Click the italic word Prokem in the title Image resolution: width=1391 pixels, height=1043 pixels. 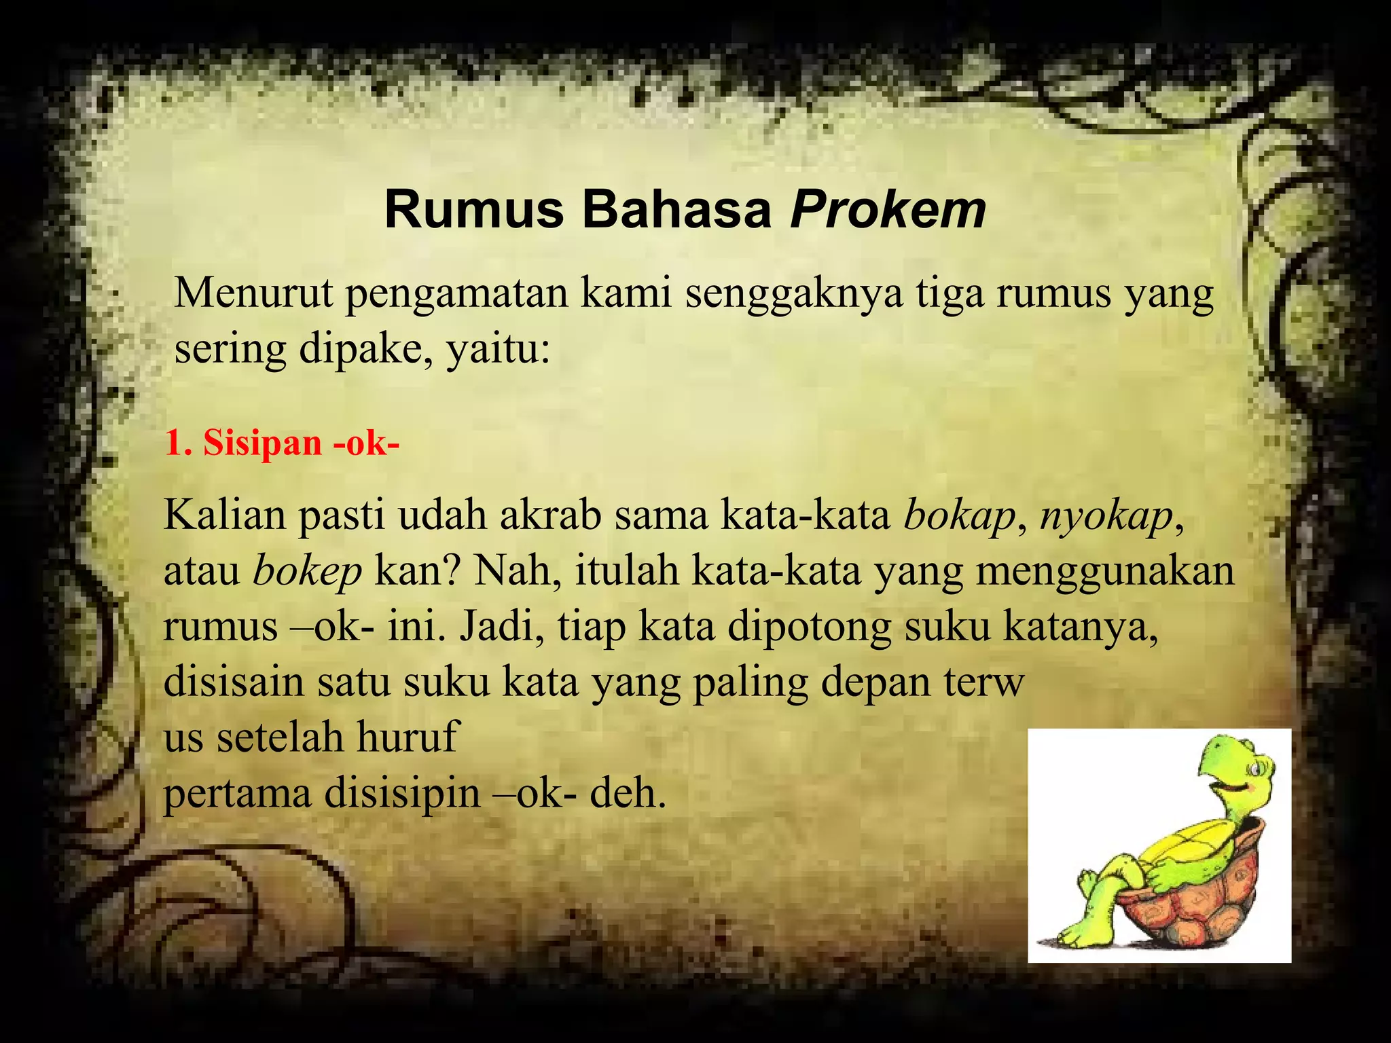[x=888, y=211]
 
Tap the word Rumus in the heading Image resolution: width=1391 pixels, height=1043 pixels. [x=474, y=211]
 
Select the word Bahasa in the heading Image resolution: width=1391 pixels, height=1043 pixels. [x=676, y=211]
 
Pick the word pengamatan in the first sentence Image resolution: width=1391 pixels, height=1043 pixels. [x=456, y=295]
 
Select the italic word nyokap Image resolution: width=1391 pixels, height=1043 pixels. [x=1106, y=517]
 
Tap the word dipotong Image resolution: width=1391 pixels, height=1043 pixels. [x=809, y=627]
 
